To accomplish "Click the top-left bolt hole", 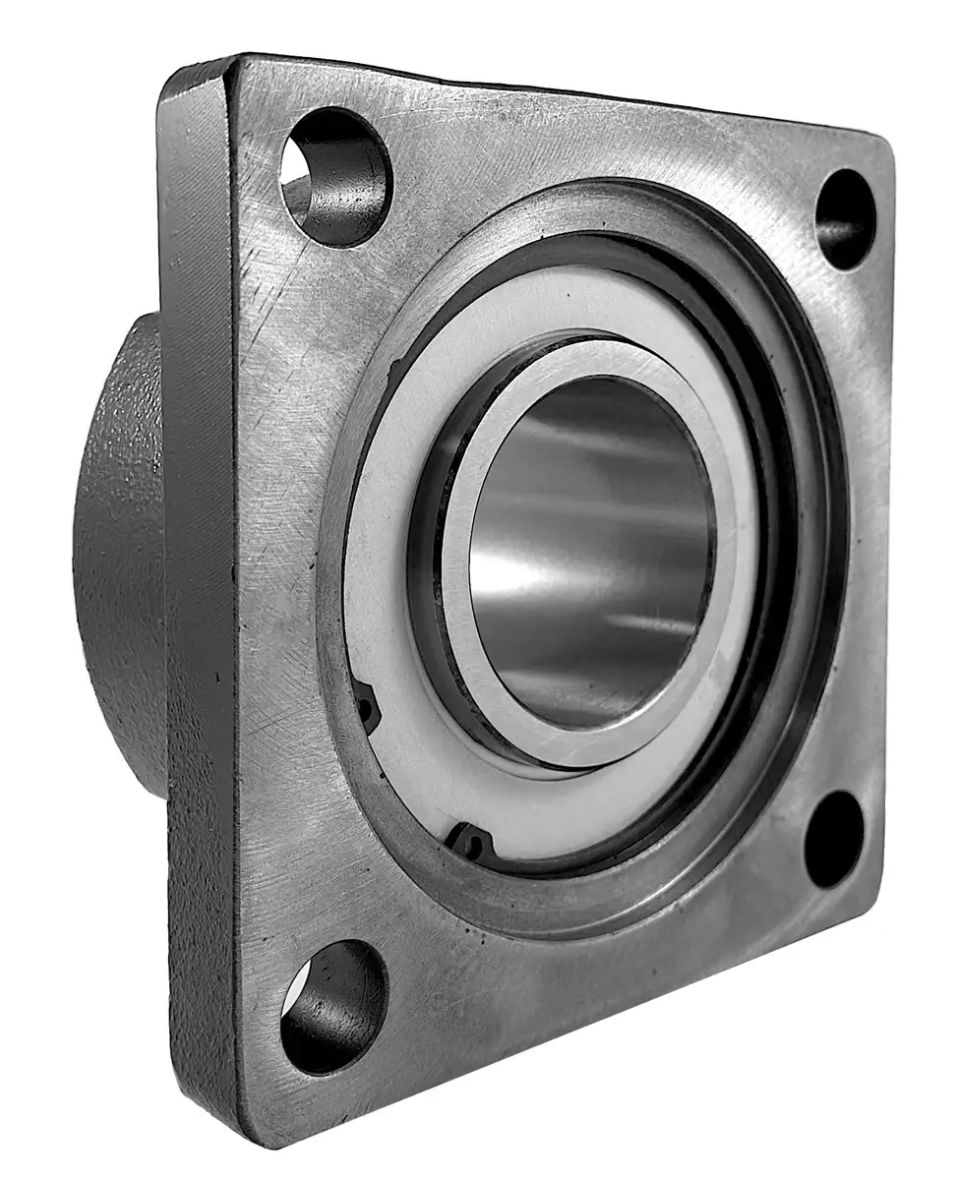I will point(335,177).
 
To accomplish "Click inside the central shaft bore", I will point(590,551).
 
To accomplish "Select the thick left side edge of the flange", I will point(197,590).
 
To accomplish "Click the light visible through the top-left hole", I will point(297,183).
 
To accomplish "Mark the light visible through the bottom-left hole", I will point(295,998).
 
